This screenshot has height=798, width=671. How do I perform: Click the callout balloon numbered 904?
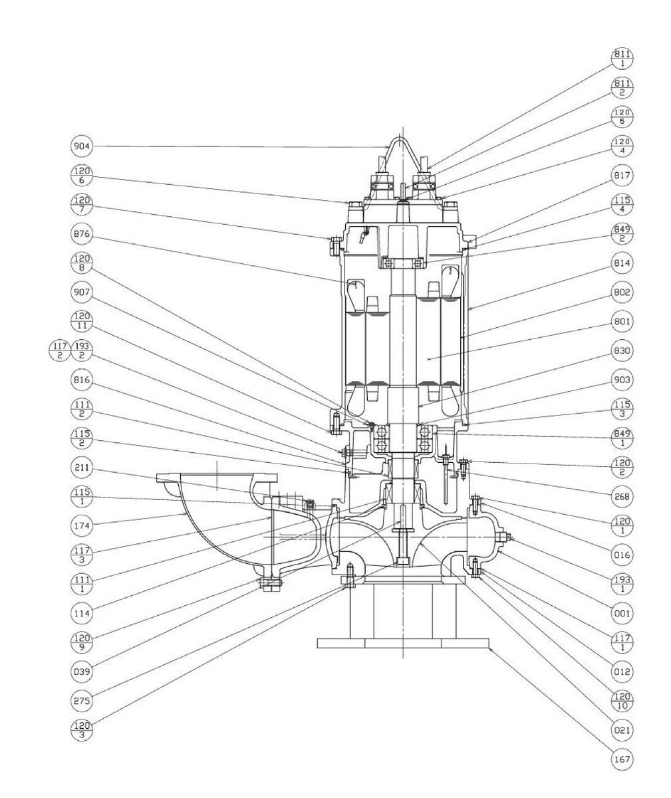click(x=82, y=146)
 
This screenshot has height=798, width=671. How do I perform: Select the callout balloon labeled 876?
click(x=82, y=234)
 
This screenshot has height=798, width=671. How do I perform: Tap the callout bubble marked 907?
click(x=82, y=293)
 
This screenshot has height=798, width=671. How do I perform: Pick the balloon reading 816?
click(x=82, y=380)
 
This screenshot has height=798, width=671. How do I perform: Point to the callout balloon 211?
click(x=82, y=467)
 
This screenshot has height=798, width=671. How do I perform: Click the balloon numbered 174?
click(x=82, y=526)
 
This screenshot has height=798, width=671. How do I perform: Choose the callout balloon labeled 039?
click(x=82, y=672)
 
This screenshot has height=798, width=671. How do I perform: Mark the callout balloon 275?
click(x=82, y=701)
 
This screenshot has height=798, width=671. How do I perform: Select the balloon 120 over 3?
click(x=82, y=730)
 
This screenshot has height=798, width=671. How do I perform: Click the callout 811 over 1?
click(x=622, y=59)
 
